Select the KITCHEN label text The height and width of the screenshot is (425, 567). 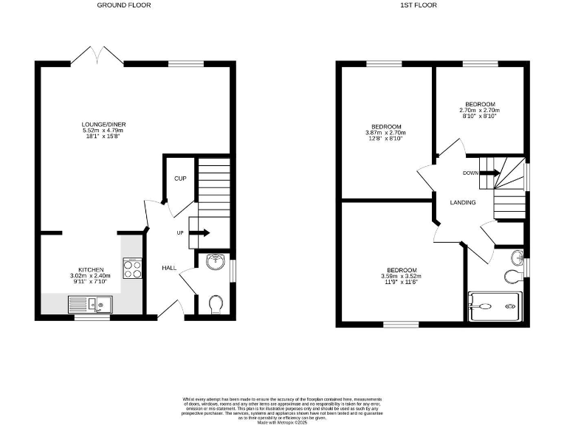92,269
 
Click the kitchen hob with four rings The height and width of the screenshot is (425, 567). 133,269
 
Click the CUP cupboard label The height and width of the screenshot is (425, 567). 179,179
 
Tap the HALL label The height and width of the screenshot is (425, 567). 168,268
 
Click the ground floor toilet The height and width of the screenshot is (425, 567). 216,303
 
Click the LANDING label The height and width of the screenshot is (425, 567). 463,202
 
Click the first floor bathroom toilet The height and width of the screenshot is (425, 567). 513,277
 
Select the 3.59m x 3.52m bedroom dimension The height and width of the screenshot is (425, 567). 402,277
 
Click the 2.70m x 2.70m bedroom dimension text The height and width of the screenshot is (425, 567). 480,111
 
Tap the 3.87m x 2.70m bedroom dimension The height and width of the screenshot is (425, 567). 386,133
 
